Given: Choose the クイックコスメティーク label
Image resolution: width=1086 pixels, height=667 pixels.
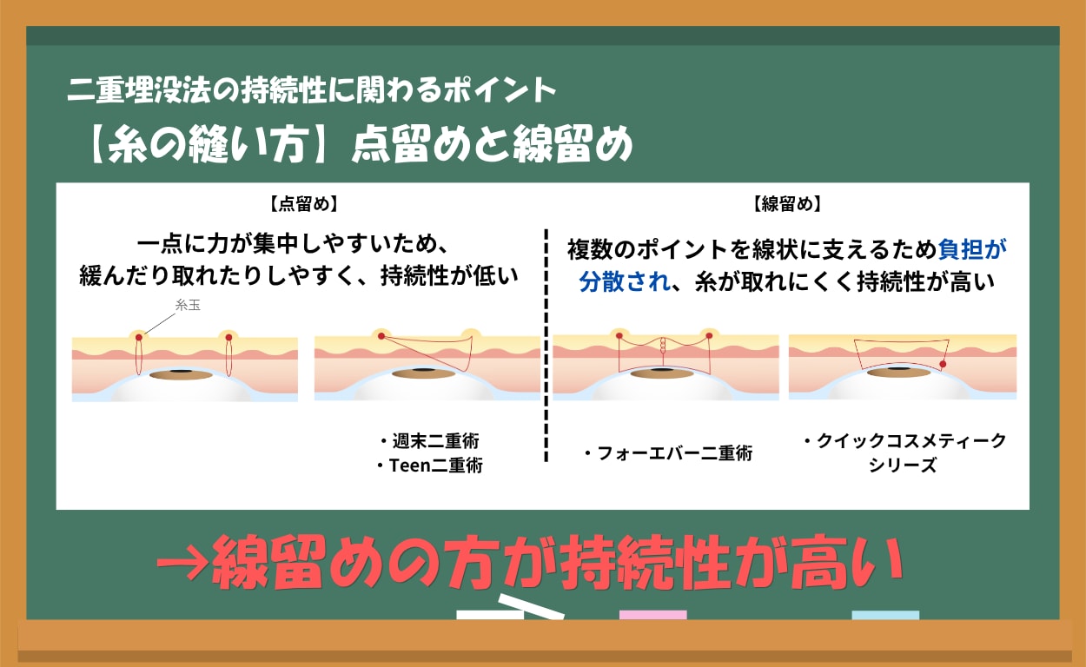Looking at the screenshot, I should pos(904,441).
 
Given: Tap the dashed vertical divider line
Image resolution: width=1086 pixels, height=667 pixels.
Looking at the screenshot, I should pos(546,347).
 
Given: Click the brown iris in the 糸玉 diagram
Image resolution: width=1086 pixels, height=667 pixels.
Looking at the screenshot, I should pos(181,374).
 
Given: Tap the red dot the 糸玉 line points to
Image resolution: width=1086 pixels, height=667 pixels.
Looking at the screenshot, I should pos(138,337).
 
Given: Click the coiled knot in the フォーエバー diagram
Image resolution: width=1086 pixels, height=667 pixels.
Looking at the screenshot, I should pos(664,344).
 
